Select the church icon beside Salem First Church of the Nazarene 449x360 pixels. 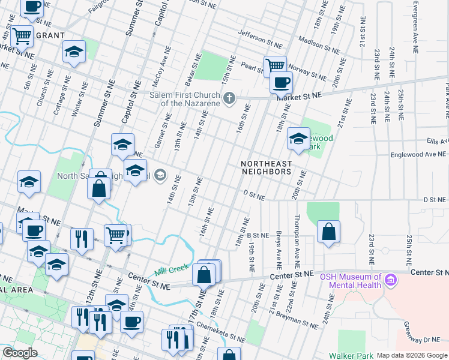228,98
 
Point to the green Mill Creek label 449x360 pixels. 172,269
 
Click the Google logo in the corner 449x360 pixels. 20,353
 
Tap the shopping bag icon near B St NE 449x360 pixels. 328,232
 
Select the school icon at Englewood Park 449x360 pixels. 298,139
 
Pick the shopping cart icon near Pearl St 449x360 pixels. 275,65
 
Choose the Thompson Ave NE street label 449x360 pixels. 297,240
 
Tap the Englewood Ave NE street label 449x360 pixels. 415,154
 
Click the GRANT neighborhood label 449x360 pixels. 50,35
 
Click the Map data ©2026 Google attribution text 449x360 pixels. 412,355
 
